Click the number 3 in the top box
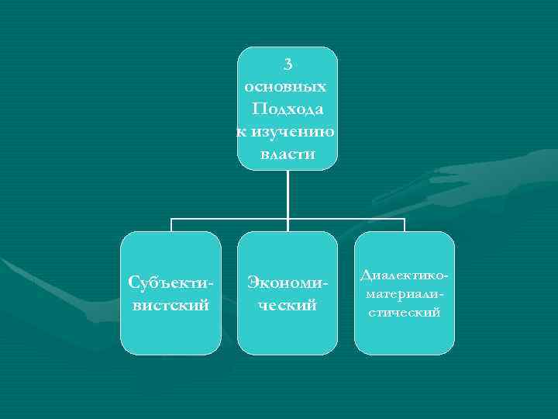pos(288,64)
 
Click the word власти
pos(288,154)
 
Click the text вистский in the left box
pos(170,305)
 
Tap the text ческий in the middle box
pos(288,305)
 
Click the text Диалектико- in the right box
pos(405,276)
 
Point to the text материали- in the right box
pos(405,294)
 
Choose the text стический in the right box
pos(405,312)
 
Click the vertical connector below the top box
pos(288,194)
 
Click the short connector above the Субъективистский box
pos(170,225)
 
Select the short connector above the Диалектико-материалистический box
pos(405,225)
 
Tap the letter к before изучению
pos(241,132)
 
